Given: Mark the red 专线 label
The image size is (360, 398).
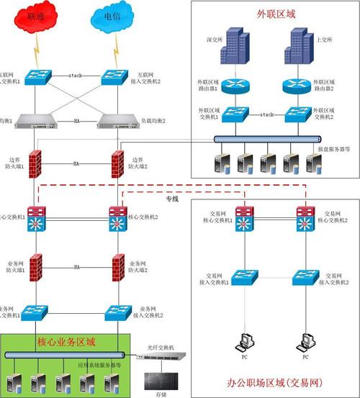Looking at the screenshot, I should tap(172, 198).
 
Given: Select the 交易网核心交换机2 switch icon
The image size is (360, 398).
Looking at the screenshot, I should tap(306, 220).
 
